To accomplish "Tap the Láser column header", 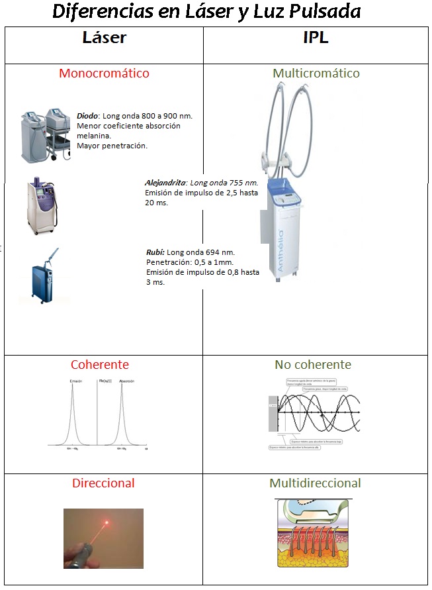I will (105, 37).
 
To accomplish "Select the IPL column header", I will (315, 37).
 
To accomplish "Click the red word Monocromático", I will (104, 74).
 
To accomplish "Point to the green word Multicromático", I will (316, 74).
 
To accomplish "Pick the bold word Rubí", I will (155, 252).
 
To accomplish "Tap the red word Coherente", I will (100, 365).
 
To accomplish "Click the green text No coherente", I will (313, 365).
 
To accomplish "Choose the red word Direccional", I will (103, 483).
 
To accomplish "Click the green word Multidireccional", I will (315, 483).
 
